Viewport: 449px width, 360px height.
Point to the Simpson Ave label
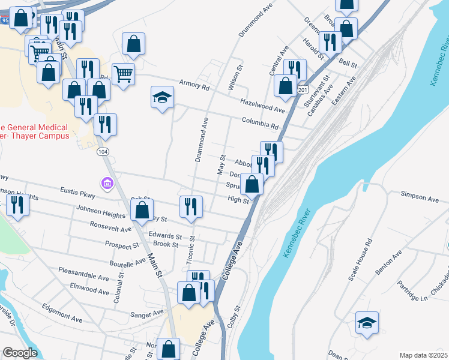pos(420,197)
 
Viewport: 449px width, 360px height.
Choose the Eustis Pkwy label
pos(78,193)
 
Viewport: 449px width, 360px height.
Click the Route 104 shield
pos(103,152)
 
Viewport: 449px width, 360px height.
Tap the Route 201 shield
pos(300,89)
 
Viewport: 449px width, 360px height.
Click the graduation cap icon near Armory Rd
pos(161,97)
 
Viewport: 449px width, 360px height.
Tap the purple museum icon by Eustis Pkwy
pos(107,182)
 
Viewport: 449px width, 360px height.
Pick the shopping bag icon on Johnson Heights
pos(142,210)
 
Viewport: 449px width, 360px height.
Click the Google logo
pos(20,353)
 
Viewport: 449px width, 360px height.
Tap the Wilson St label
pos(232,79)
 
